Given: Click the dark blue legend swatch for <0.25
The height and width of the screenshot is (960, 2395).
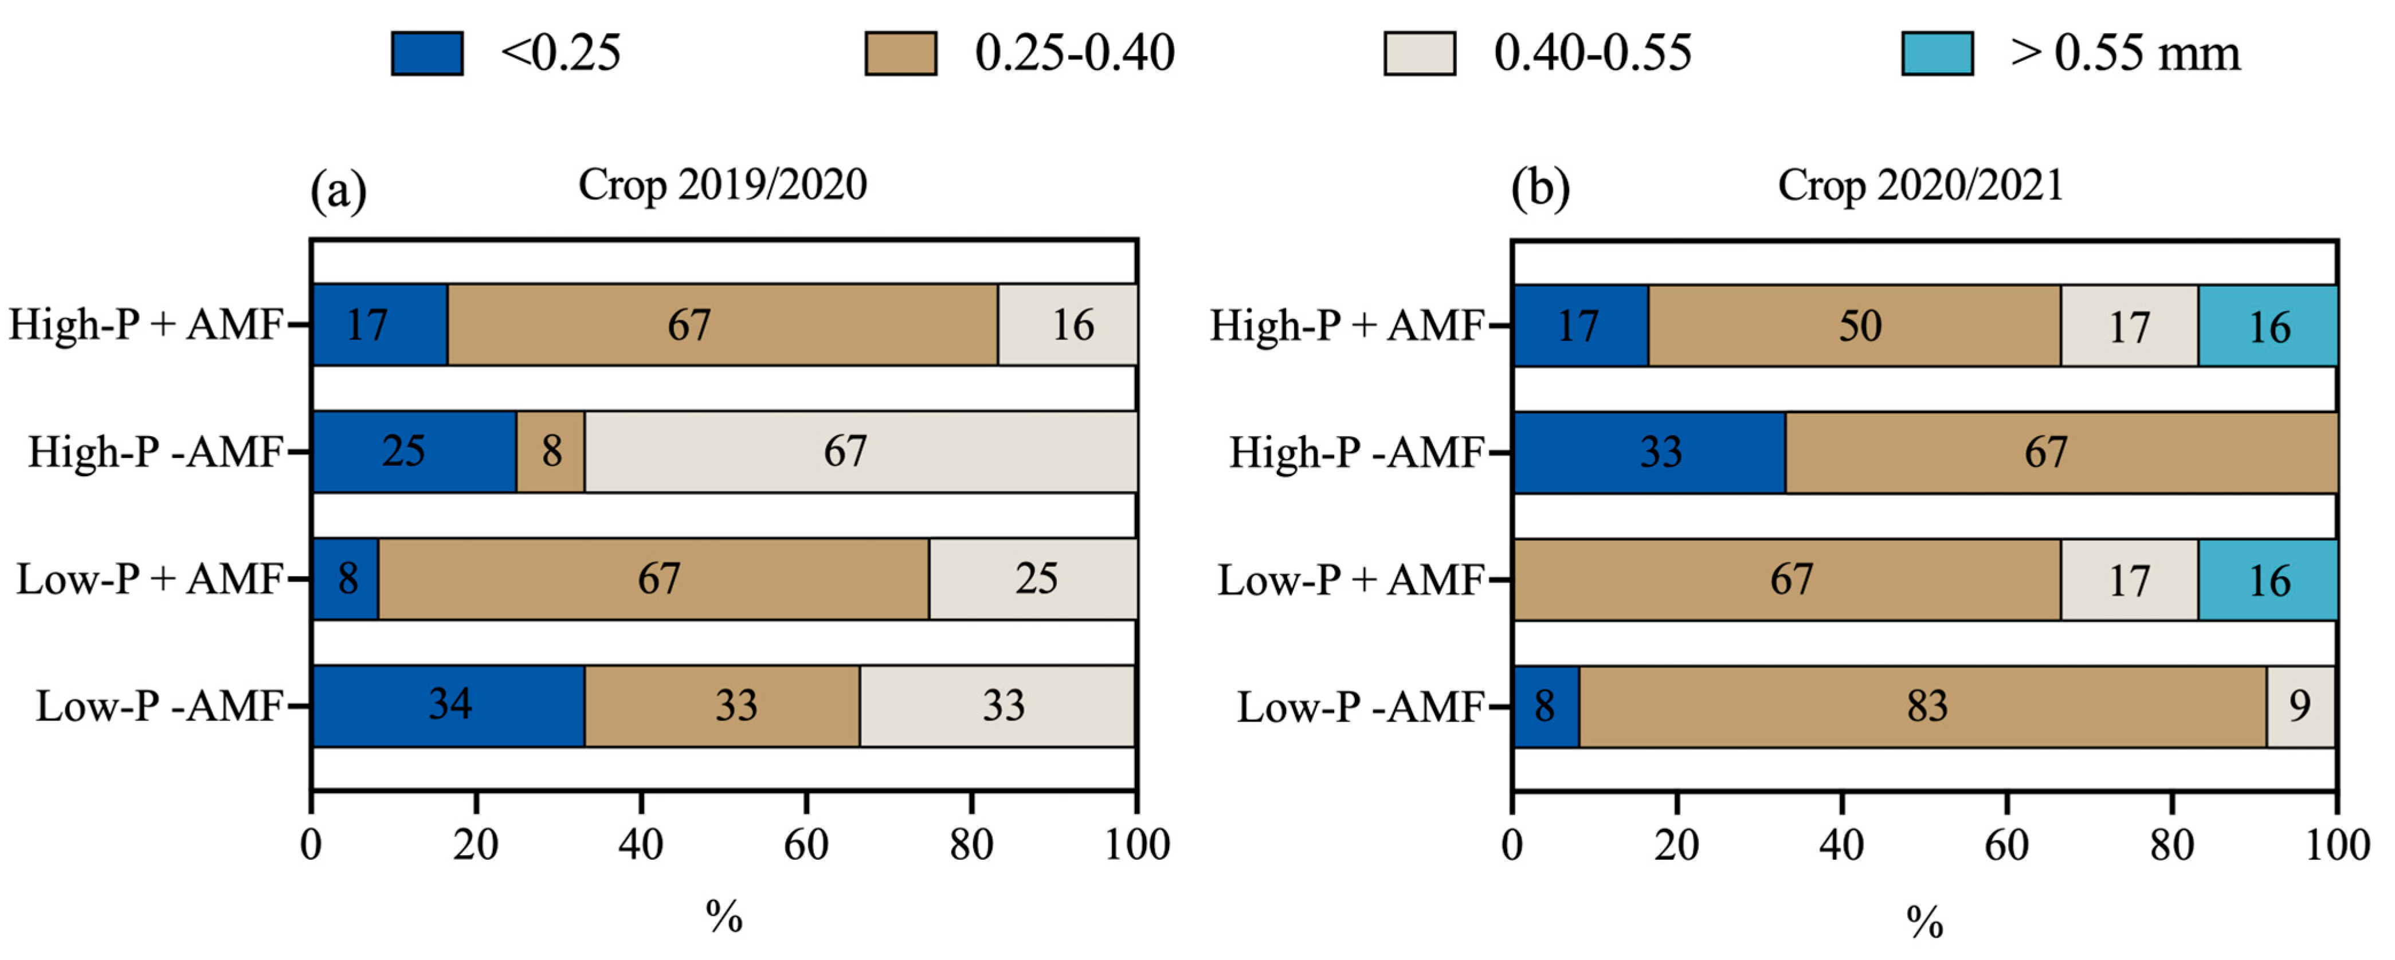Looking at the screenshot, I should click(x=427, y=53).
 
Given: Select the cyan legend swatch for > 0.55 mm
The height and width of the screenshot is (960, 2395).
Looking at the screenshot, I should click(x=1937, y=53).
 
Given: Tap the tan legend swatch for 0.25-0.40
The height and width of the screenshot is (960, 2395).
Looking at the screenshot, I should click(x=900, y=53).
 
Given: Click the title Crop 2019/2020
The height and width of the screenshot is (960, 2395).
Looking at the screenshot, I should click(x=723, y=184).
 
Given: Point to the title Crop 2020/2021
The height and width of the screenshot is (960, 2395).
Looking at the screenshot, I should click(x=1921, y=184).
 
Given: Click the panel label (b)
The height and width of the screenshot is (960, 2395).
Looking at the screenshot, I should click(x=1539, y=189).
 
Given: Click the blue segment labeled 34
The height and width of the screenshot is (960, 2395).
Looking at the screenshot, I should click(x=449, y=705).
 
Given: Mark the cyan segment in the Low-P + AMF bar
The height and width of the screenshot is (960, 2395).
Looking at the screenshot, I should click(x=2268, y=579).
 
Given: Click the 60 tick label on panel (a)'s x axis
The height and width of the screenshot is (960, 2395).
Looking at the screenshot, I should click(x=805, y=845).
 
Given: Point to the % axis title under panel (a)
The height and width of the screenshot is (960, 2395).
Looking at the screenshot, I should click(x=723, y=917).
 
